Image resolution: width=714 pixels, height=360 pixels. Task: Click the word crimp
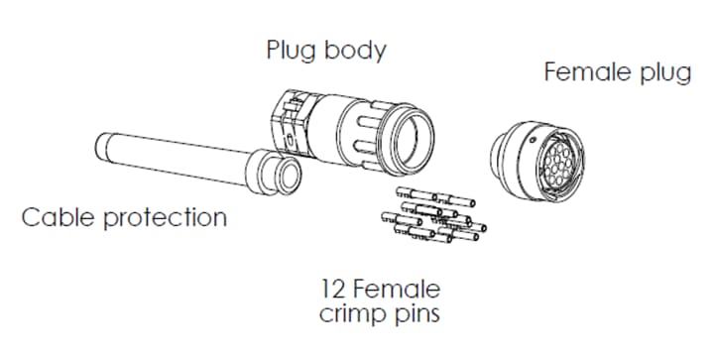(x=349, y=314)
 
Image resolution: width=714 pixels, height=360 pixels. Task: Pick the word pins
(x=417, y=315)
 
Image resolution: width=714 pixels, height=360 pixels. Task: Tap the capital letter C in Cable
(x=32, y=216)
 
